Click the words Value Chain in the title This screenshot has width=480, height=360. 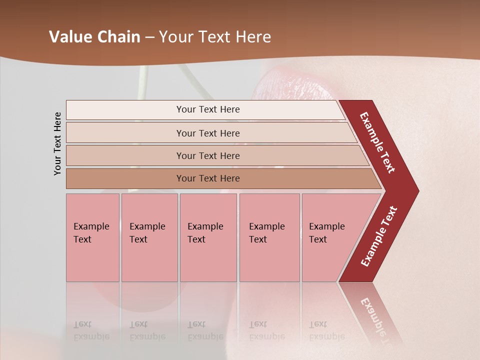[x=94, y=37]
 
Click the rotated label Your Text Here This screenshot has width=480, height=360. [x=57, y=143]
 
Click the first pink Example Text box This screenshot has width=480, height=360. [x=92, y=237]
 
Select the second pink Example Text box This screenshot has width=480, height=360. [x=149, y=237]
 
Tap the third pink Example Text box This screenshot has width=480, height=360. [x=208, y=237]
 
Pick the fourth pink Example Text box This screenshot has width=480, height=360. [x=269, y=237]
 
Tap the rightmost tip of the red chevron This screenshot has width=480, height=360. [x=416, y=190]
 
